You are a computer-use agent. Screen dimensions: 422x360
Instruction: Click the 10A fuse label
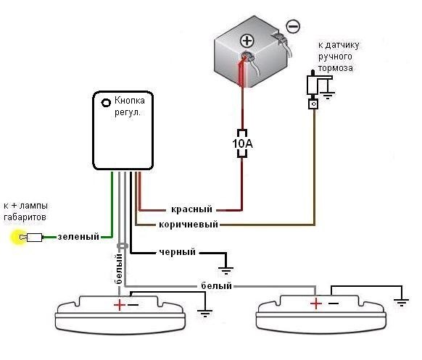(242, 143)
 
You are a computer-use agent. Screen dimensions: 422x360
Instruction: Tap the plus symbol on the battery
(247, 41)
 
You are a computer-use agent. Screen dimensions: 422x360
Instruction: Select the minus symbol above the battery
(292, 26)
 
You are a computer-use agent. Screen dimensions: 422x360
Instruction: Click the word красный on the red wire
(191, 209)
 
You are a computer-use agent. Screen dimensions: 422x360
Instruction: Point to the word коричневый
(189, 225)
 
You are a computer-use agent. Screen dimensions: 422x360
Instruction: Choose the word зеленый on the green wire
(78, 237)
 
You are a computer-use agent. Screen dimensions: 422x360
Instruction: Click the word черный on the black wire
(178, 252)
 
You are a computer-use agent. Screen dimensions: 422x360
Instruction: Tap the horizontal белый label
(216, 285)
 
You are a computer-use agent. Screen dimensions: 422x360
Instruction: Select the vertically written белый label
(119, 269)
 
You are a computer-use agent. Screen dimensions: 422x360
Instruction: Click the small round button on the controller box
(106, 102)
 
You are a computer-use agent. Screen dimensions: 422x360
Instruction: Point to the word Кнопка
(130, 101)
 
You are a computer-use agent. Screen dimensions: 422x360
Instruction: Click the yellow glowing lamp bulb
(19, 237)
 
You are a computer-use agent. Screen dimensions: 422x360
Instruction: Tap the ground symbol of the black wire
(226, 270)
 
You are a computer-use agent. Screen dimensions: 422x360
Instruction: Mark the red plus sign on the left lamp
(120, 305)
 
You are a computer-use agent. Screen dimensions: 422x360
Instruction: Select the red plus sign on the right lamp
(316, 304)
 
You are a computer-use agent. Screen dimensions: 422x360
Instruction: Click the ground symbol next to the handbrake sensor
(328, 95)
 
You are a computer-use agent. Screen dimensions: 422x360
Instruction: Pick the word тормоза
(335, 68)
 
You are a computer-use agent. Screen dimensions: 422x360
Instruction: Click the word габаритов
(25, 217)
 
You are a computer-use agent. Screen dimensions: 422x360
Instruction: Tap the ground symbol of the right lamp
(402, 302)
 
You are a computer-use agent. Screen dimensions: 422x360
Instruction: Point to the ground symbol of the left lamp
(205, 314)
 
